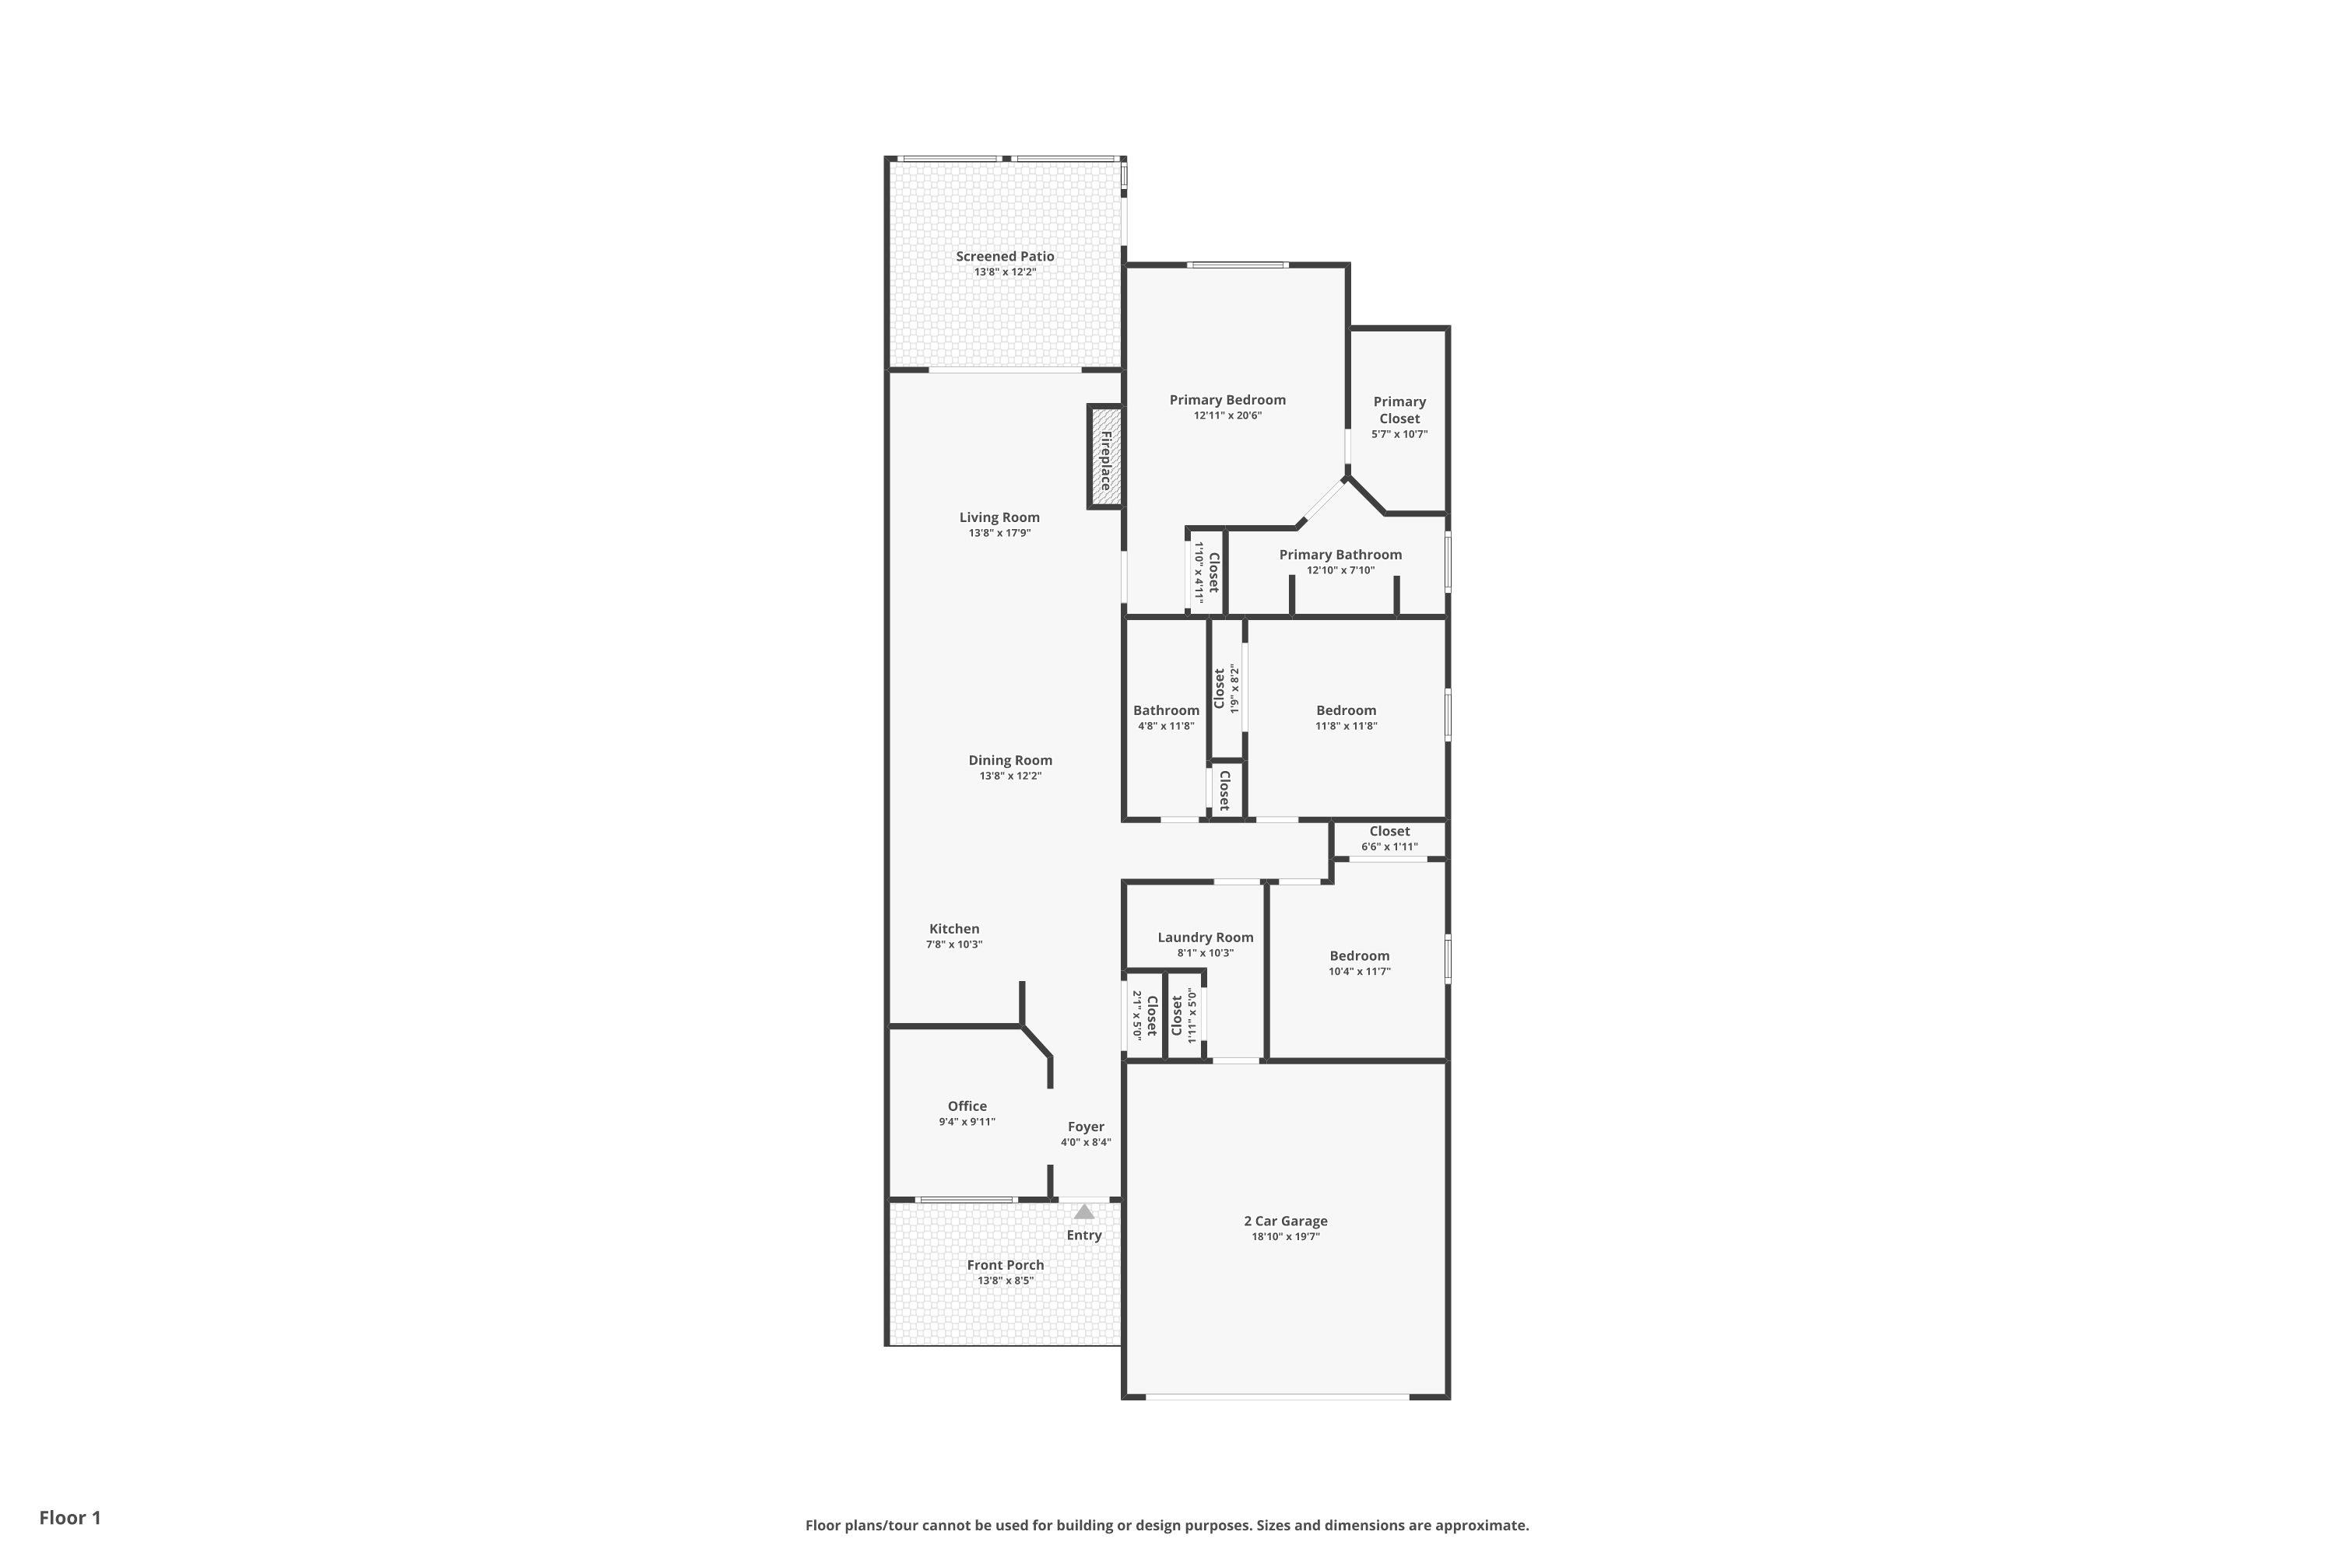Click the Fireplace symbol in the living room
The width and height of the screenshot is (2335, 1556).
tap(1105, 457)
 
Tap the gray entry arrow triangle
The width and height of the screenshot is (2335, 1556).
tap(1084, 1211)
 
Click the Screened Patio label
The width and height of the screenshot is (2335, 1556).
tap(1005, 256)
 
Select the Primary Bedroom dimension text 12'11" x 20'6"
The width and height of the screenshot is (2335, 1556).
tap(1227, 415)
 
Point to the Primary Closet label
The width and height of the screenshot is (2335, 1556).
tap(1399, 410)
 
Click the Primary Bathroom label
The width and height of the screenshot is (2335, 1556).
tap(1340, 555)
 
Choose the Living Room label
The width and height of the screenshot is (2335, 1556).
tap(999, 517)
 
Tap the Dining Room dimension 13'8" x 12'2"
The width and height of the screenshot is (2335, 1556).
tap(1010, 776)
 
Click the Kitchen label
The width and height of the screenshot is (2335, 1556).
tap(954, 929)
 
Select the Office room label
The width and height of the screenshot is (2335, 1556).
tap(967, 1106)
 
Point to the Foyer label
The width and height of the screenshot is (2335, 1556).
tap(1086, 1127)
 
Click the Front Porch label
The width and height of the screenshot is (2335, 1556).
tap(1006, 1264)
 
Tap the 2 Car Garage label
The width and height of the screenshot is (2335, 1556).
tap(1286, 1221)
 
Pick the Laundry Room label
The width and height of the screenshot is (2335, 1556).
tap(1205, 937)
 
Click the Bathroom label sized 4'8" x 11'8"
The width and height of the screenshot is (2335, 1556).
tap(1167, 710)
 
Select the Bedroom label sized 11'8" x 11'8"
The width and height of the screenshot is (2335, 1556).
tap(1347, 710)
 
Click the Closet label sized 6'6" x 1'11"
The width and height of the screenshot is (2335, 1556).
tap(1390, 832)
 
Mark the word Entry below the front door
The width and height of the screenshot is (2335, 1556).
tap(1084, 1235)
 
